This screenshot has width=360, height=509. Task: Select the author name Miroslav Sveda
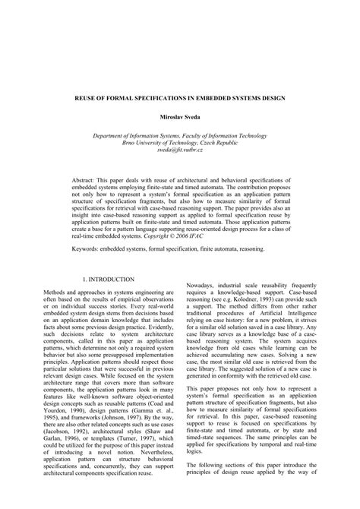178,119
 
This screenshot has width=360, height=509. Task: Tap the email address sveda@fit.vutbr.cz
178,151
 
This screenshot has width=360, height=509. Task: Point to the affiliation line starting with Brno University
178,143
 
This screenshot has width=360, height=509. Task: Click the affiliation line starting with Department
178,135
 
